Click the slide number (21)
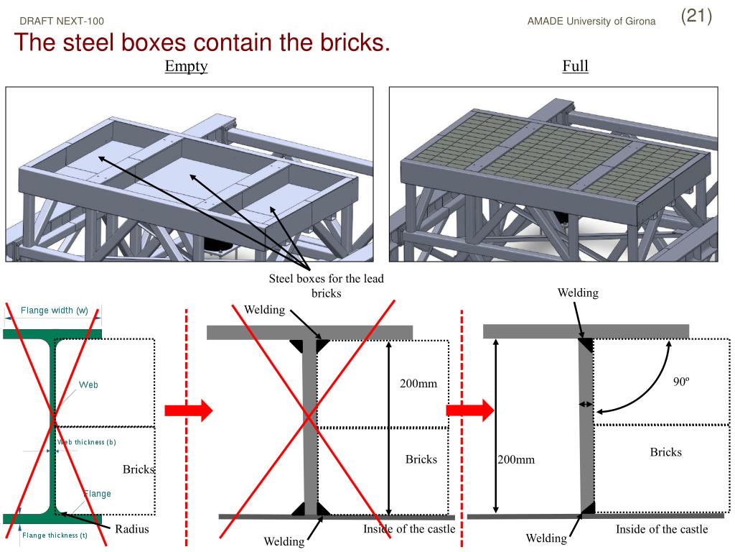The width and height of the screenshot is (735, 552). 696,17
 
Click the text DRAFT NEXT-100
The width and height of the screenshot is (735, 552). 62,22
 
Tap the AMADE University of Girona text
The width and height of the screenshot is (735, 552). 591,22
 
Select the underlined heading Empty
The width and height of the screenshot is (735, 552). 186,67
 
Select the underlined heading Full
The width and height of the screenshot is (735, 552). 575,67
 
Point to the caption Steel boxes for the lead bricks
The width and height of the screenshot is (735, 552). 326,286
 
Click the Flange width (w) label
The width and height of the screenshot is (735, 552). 55,310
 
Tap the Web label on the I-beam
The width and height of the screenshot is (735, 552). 88,385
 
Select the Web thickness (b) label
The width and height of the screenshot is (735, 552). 87,442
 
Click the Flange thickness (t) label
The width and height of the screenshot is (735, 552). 55,535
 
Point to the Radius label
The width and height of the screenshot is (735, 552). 131,530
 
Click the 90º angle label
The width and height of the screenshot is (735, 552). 680,382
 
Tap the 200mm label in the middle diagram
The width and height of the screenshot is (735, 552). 418,384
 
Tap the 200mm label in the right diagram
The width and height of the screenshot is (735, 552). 516,460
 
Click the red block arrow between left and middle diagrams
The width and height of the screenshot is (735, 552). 188,410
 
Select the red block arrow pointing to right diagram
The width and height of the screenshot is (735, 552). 470,410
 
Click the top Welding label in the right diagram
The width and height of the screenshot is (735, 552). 578,293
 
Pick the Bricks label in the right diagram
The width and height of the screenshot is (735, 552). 665,452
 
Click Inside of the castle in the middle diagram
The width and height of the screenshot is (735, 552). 409,530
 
